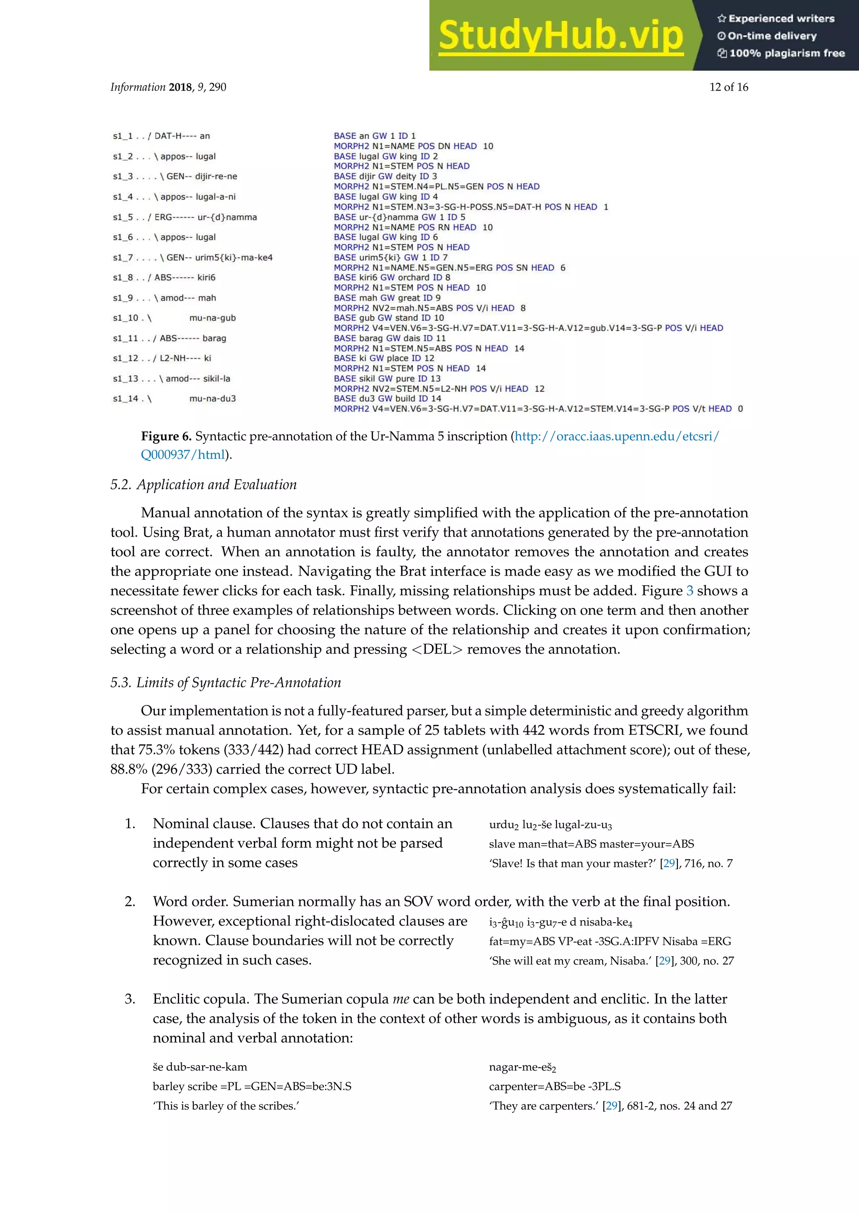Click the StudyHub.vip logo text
tap(561, 36)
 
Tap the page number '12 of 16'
tap(729, 87)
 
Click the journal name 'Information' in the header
tap(138, 87)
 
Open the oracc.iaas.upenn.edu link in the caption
tap(616, 437)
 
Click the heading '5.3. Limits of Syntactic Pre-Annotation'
tap(225, 682)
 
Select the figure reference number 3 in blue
tap(689, 591)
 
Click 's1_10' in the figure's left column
tap(126, 318)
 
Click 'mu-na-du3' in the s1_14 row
tap(212, 399)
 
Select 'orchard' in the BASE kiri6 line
tap(413, 278)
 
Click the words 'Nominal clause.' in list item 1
tap(204, 824)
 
